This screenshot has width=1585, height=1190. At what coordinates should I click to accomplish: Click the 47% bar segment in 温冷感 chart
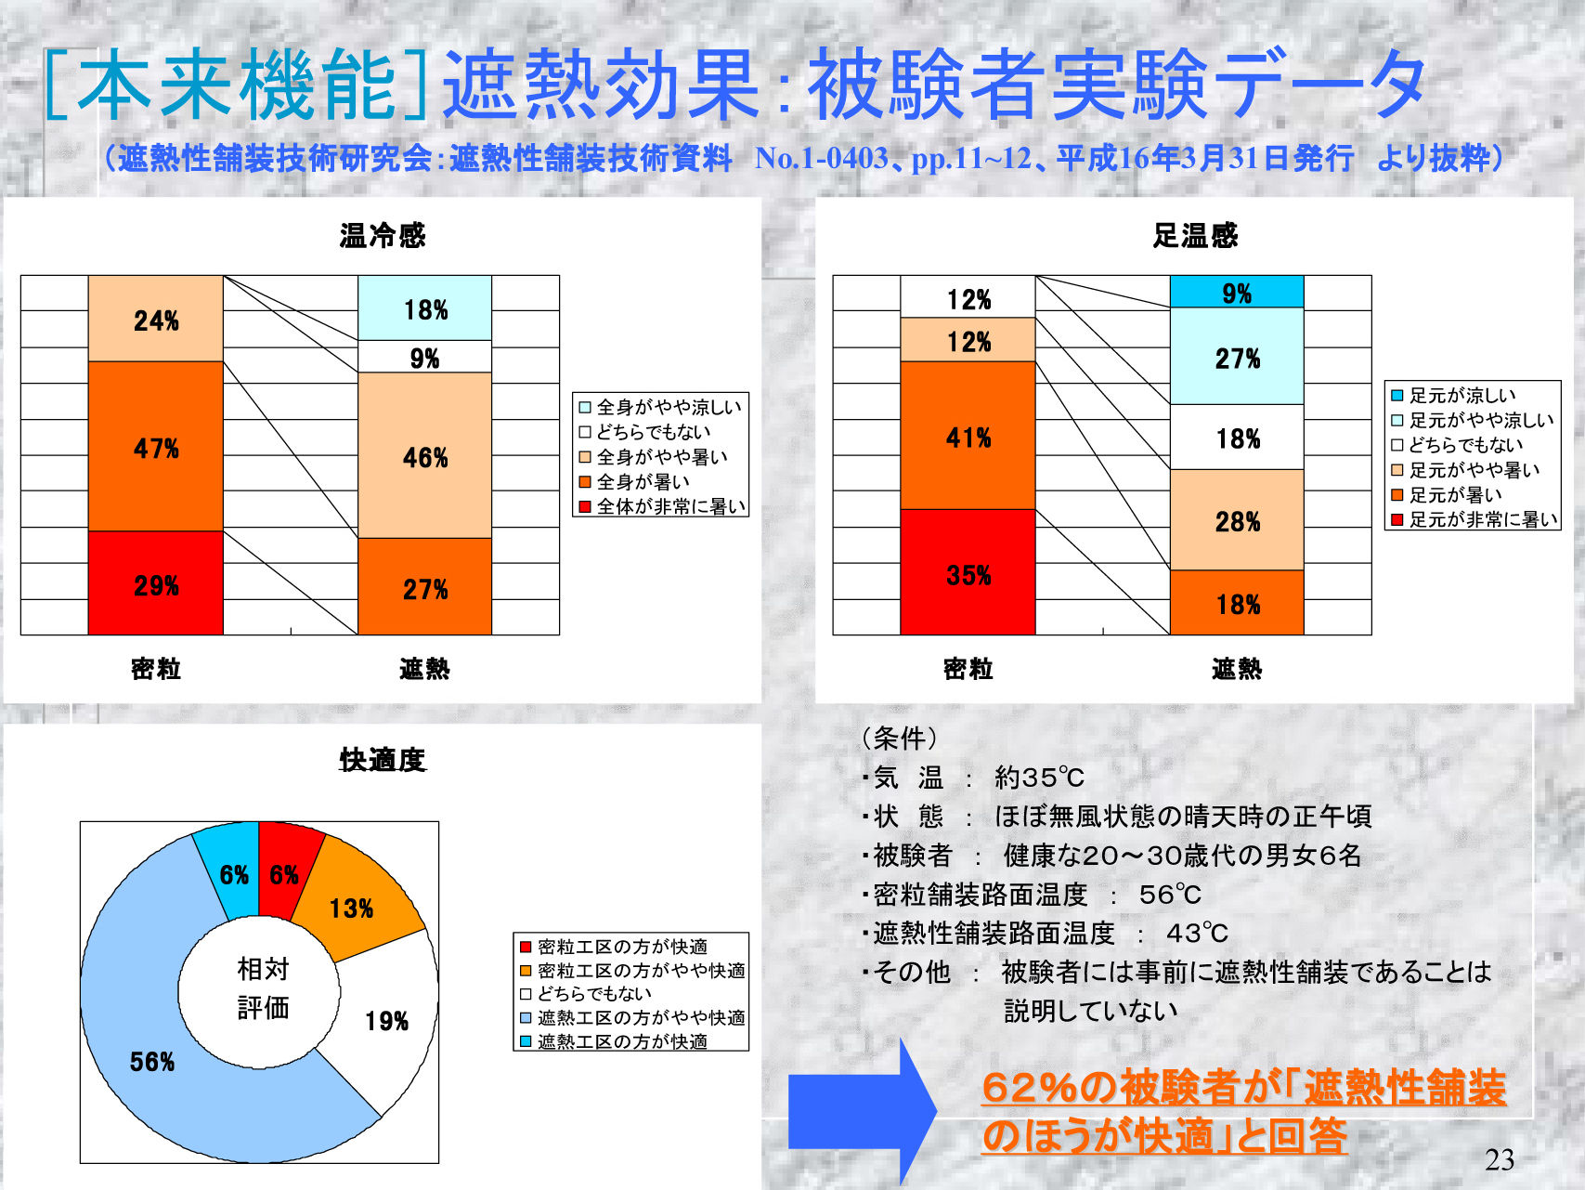tap(156, 446)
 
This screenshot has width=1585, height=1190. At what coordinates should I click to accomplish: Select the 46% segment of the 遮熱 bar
tap(424, 455)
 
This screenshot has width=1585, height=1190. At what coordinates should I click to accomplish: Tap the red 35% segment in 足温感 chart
tap(968, 572)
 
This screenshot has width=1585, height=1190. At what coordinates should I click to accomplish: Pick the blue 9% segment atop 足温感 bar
tap(1237, 292)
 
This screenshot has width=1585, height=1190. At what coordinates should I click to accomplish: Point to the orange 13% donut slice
tap(357, 901)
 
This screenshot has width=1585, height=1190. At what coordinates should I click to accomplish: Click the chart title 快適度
tap(382, 760)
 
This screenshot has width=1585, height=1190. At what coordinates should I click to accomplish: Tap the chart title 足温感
tap(1195, 235)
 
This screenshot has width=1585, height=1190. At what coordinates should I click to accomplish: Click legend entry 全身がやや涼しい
tap(661, 407)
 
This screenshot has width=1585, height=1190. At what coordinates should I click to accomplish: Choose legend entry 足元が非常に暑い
tap(1475, 519)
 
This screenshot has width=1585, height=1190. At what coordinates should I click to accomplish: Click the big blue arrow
tap(862, 1110)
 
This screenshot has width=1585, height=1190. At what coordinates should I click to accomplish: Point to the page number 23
tap(1500, 1159)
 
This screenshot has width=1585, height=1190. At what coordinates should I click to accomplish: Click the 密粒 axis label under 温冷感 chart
tap(156, 669)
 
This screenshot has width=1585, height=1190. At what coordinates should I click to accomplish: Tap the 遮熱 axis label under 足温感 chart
tap(1237, 669)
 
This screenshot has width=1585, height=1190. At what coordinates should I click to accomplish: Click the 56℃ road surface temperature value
tap(1170, 895)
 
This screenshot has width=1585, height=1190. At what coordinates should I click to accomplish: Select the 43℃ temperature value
tap(1197, 933)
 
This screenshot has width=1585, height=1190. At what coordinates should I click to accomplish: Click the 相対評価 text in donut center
tap(264, 988)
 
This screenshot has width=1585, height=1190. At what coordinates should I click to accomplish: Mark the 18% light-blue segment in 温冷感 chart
tap(424, 308)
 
